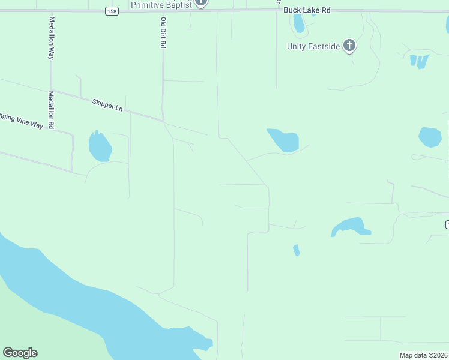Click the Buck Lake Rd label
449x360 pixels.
coord(307,11)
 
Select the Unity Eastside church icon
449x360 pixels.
coord(349,46)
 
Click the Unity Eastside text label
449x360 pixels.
coord(313,46)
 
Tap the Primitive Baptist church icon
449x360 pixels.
coord(202,2)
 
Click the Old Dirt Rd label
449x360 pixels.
coord(163,32)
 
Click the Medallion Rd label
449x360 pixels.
coord(52,110)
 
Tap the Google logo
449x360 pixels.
coord(20,353)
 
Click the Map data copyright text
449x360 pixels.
coord(423,355)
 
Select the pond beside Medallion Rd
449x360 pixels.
coord(100,146)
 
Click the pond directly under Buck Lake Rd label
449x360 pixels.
coord(298,23)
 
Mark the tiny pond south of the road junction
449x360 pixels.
coord(296,250)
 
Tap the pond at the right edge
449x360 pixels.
coord(430,137)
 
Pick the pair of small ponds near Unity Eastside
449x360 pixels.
coord(419,61)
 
